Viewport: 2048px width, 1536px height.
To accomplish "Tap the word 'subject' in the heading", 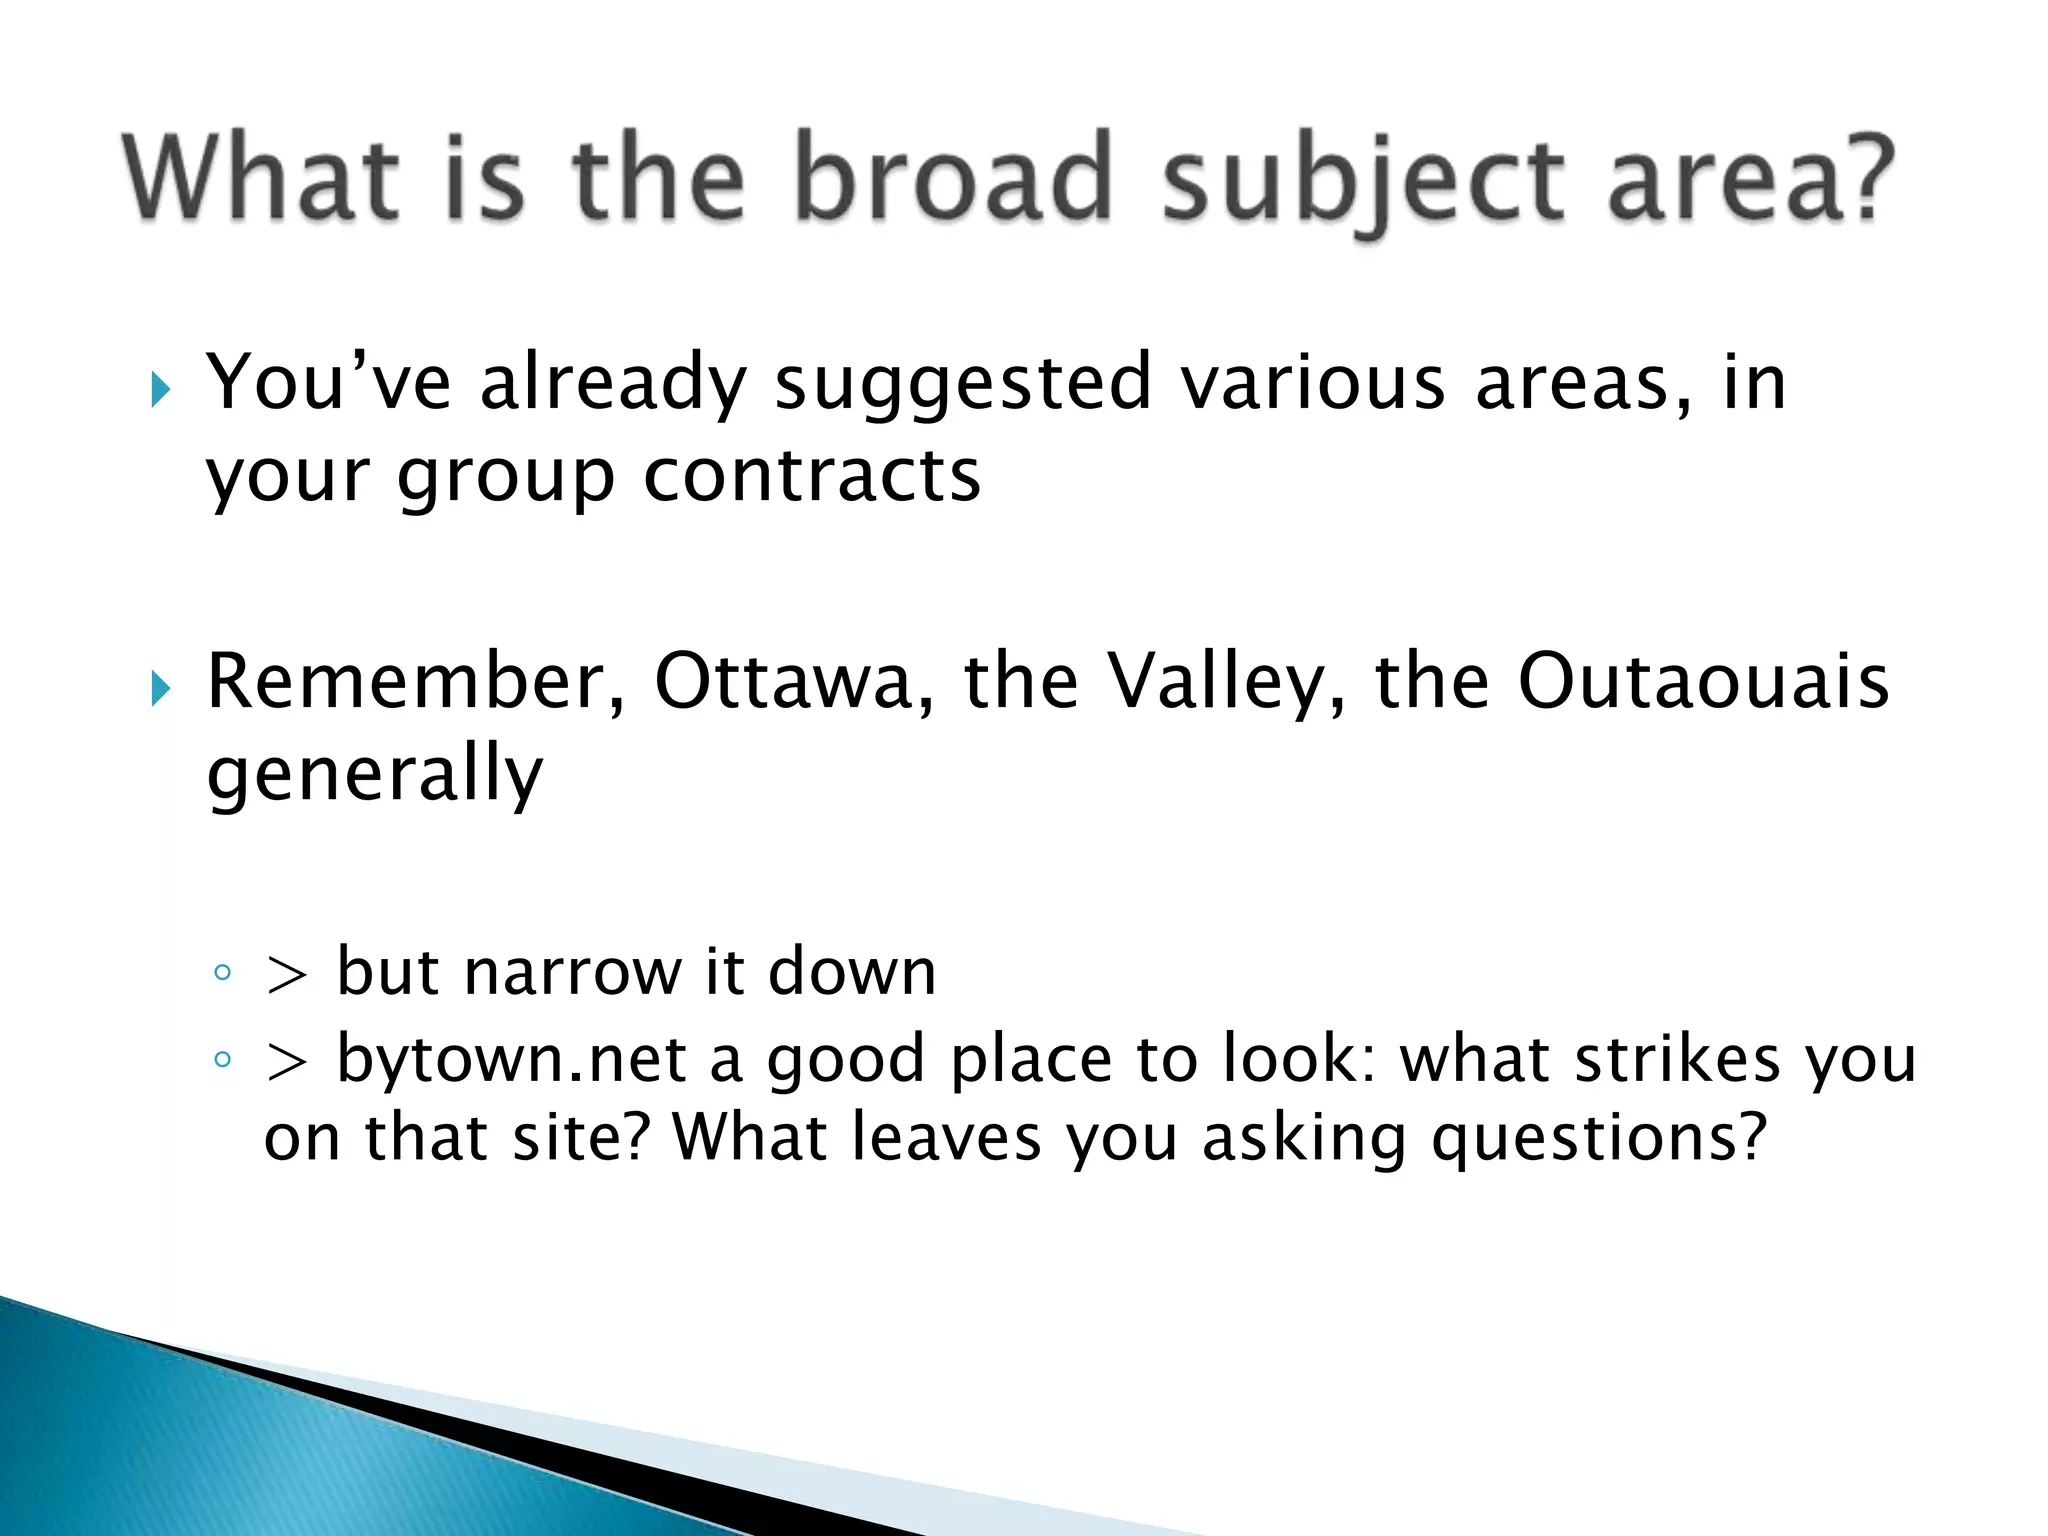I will click(x=1362, y=180).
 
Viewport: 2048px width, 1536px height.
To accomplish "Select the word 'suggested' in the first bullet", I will click(x=963, y=384).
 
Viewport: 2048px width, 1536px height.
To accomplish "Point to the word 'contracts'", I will click(x=811, y=476).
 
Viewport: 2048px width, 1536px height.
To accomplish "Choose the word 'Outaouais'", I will click(x=1703, y=682).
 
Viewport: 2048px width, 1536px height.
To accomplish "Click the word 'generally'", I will click(x=375, y=774).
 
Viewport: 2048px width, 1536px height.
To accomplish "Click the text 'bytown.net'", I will click(x=511, y=1060).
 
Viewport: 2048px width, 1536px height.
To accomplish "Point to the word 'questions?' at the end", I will click(x=1599, y=1140).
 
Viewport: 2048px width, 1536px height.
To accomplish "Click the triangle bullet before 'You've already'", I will click(x=161, y=389).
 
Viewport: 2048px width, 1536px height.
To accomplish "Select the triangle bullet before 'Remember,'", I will click(x=161, y=688).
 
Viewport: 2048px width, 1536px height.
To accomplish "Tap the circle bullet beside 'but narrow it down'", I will click(x=223, y=972).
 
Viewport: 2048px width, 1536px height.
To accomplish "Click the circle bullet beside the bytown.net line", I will click(x=223, y=1060).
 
